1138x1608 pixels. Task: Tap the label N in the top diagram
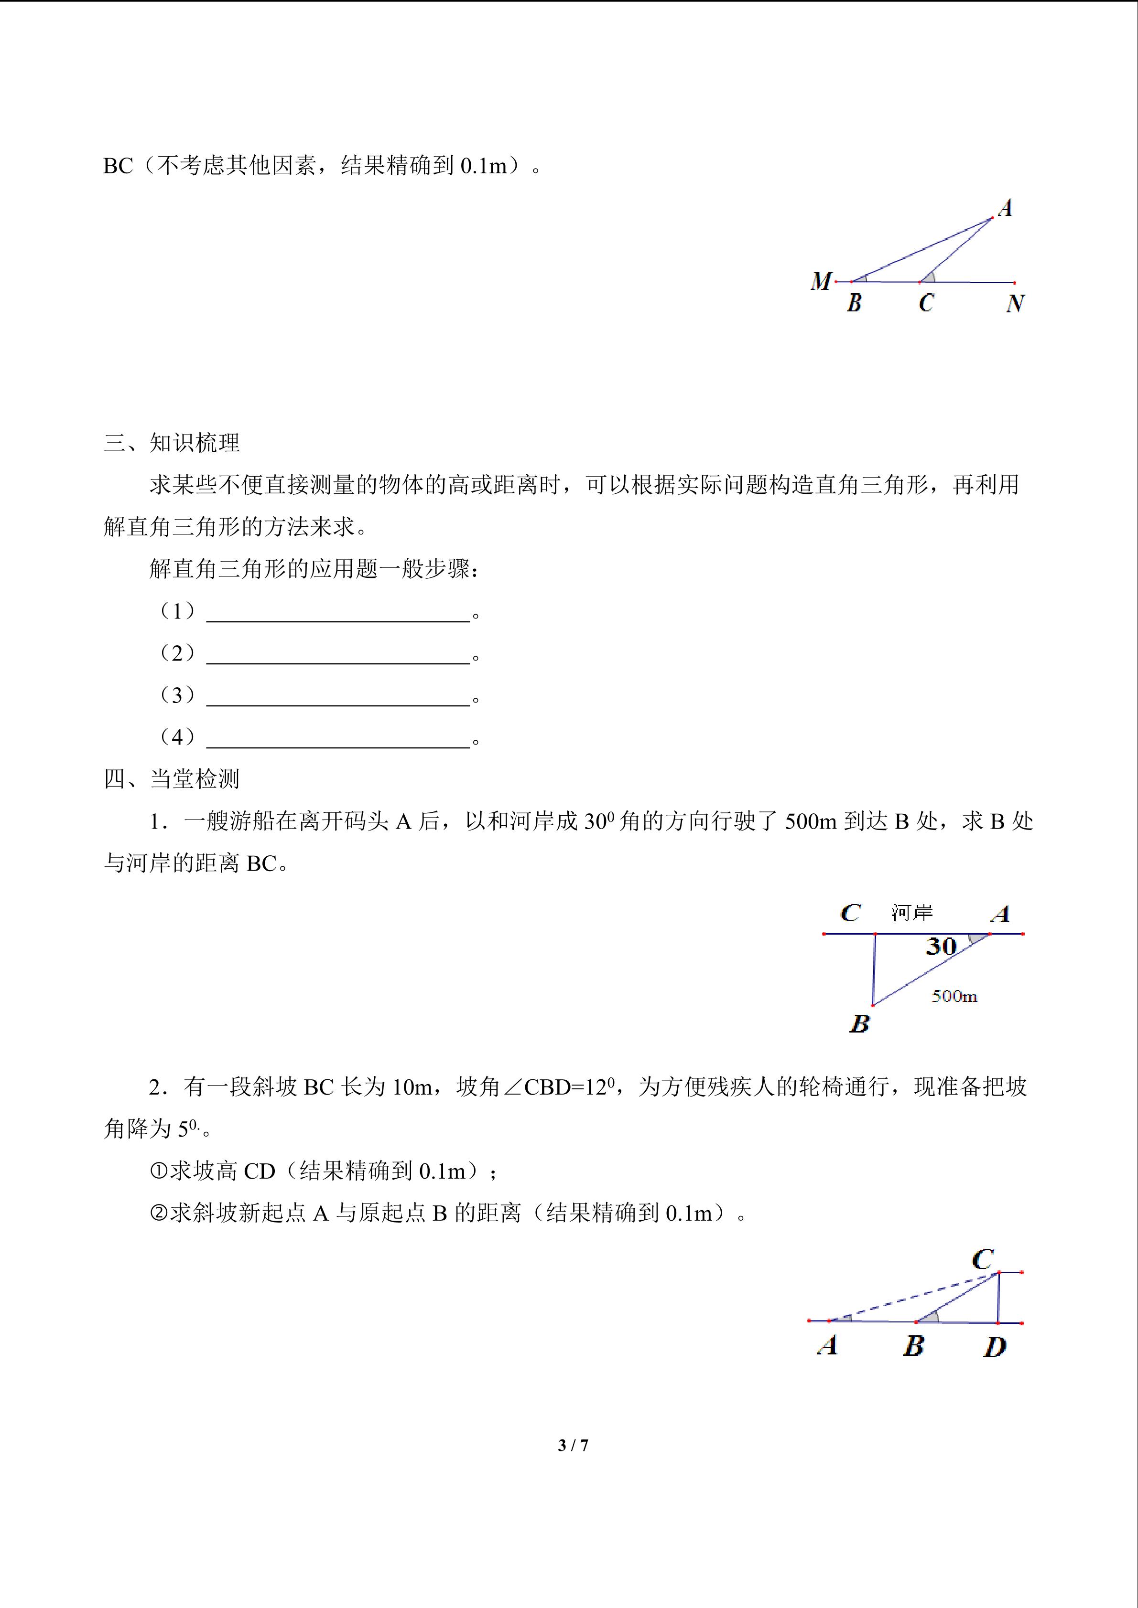(1015, 303)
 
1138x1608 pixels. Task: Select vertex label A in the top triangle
(1005, 208)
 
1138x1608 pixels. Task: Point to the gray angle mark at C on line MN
(929, 277)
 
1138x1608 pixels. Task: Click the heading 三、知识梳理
(172, 443)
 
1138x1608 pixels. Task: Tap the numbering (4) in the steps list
(177, 737)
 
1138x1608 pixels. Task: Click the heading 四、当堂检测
(172, 779)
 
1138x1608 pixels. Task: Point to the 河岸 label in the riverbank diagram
(911, 913)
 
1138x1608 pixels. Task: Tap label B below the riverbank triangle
(859, 1024)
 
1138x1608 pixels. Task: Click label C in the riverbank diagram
(850, 913)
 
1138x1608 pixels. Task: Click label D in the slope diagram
(994, 1347)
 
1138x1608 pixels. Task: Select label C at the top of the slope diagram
(983, 1259)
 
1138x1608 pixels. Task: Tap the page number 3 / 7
(573, 1445)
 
